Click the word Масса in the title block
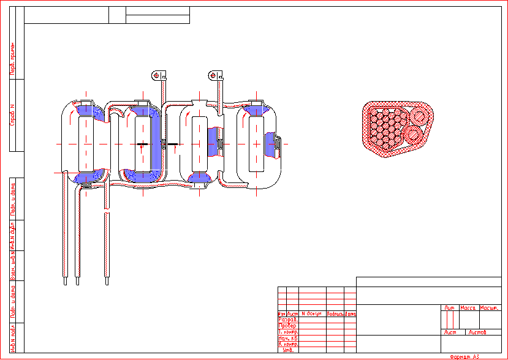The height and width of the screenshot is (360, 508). (x=468, y=308)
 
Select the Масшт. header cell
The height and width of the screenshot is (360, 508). (x=489, y=308)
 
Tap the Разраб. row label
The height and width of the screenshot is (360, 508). (x=288, y=320)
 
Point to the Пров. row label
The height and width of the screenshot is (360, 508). (x=288, y=326)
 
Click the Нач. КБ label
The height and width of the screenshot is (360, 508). (x=288, y=338)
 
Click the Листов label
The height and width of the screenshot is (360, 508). (x=477, y=332)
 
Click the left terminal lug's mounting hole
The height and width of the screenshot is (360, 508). (x=156, y=75)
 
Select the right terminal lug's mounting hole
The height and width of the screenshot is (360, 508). (x=213, y=75)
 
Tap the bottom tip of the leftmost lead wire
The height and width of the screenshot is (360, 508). (x=63, y=283)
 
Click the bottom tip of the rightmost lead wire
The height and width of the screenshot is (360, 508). (x=107, y=283)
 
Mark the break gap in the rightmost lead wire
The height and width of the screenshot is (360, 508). (x=107, y=211)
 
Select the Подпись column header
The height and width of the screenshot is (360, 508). (x=335, y=313)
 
